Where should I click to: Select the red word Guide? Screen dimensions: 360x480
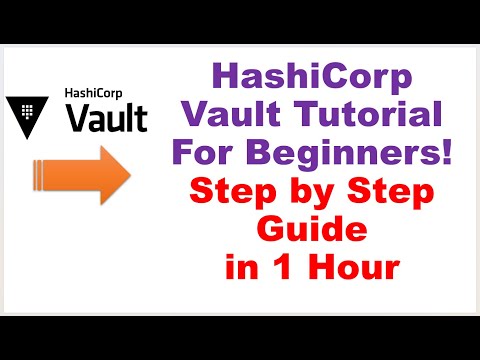pyautogui.click(x=312, y=229)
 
